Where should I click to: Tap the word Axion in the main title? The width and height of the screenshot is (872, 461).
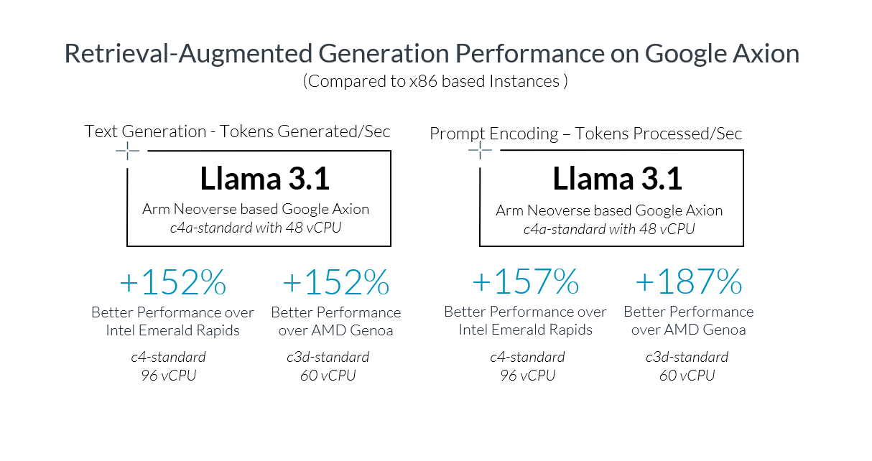coord(765,55)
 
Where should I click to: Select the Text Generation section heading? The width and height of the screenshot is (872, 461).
coord(237,131)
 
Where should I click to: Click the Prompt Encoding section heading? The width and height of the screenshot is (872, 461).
coord(585,134)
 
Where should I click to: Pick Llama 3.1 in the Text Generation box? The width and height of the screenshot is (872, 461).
coord(264,180)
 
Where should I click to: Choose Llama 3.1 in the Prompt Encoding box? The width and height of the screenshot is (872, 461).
coord(617,180)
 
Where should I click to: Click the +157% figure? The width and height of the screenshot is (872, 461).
coord(525,283)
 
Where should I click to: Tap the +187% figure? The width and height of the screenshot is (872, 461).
coord(688,283)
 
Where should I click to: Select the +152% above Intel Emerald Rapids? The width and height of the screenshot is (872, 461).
coord(172,284)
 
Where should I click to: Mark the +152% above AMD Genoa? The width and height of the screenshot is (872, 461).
coord(335,284)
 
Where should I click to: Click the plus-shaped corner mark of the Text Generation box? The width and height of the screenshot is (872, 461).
coord(127,151)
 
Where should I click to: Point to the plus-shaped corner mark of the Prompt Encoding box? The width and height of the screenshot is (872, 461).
coord(480,151)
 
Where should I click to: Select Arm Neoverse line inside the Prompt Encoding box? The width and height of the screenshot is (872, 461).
coord(609,210)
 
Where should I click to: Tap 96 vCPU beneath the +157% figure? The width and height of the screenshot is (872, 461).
coord(527,375)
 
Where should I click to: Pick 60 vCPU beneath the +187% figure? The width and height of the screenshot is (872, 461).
coord(687,375)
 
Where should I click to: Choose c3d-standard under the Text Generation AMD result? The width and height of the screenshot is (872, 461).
coord(328,357)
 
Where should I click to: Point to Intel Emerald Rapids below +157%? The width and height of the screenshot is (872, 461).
coord(525,330)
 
